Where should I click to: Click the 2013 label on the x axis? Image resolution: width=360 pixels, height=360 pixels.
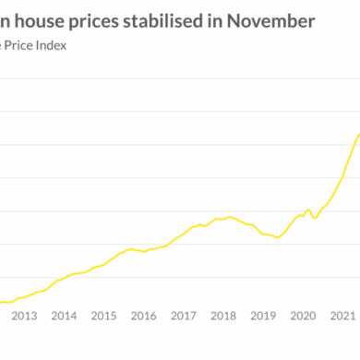[x=24, y=316]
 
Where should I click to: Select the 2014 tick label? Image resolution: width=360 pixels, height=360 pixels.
[x=64, y=316]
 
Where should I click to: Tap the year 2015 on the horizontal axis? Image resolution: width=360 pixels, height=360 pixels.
[x=104, y=316]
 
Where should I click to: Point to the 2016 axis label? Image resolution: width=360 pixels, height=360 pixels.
[x=144, y=316]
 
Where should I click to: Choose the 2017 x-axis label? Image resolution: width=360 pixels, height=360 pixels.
[x=184, y=316]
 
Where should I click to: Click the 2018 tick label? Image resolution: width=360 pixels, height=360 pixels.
[x=223, y=316]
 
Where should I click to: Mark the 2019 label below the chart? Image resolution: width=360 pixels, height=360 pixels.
[x=264, y=316]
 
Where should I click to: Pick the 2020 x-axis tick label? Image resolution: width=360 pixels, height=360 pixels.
[x=304, y=316]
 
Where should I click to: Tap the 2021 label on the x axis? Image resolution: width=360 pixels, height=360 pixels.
[x=342, y=316]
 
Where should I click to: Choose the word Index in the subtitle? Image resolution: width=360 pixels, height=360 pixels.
[x=52, y=42]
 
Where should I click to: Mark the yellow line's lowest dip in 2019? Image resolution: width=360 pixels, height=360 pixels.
[x=276, y=237]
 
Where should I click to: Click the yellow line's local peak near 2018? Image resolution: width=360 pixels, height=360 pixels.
[x=228, y=216]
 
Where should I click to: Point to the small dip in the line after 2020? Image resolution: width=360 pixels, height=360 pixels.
[x=315, y=218]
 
